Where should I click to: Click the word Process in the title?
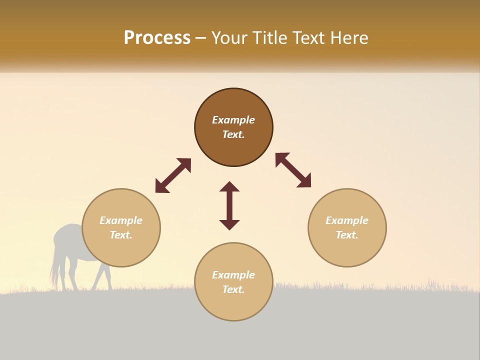[x=157, y=38]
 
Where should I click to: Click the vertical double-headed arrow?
[x=229, y=205]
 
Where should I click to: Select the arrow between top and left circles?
[x=173, y=175]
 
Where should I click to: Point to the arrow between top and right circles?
[x=293, y=170]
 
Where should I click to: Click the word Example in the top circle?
[x=233, y=120]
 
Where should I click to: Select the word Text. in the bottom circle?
[x=233, y=289]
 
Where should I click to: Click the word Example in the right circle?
[x=347, y=220]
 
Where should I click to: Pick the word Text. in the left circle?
[x=121, y=235]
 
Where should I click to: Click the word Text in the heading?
[x=307, y=38]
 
